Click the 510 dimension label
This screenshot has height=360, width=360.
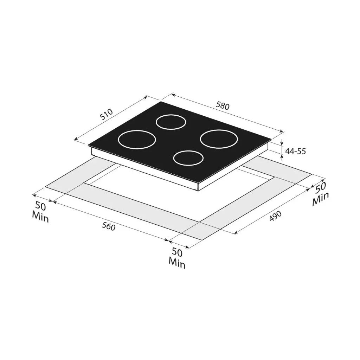point(106,114)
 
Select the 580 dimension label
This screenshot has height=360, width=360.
point(223,105)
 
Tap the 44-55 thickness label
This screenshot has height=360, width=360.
point(295,151)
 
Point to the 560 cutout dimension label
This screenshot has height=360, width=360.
point(108,227)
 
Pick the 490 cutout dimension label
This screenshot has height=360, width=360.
point(275,216)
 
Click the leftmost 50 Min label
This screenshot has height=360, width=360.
point(40,212)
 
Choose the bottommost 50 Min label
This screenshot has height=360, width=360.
point(177,258)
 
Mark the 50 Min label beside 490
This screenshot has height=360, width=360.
point(321,194)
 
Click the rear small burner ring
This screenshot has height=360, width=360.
point(171,122)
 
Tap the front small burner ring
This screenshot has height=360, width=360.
point(188,158)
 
